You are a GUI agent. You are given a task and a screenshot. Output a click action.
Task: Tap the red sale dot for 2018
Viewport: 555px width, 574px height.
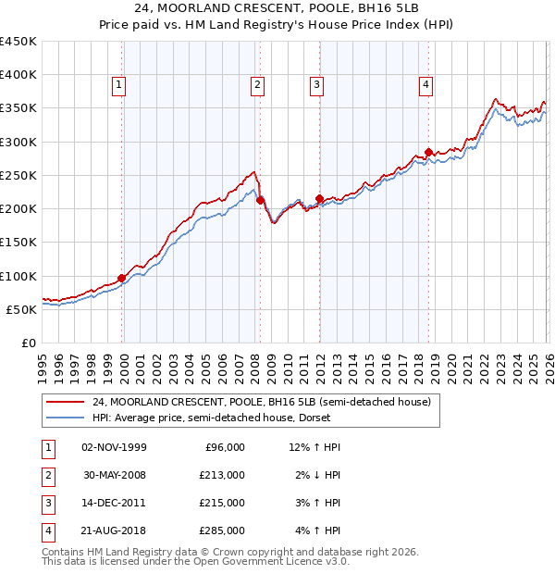[x=428, y=152]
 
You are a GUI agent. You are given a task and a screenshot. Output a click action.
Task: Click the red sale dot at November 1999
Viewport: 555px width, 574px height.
[x=122, y=278]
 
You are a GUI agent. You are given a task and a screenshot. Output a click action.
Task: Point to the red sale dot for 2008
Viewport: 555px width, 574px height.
[x=260, y=200]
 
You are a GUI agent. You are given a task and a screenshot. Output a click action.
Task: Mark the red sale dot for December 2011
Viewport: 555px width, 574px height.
[x=319, y=198]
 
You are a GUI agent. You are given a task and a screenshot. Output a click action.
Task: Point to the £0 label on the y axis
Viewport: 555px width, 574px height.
[x=29, y=343]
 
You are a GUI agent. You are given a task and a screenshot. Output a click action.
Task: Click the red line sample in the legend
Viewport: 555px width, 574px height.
[x=65, y=403]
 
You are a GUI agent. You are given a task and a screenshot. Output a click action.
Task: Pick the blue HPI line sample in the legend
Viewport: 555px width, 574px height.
[x=65, y=418]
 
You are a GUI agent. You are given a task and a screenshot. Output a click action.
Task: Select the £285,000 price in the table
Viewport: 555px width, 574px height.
[x=222, y=530]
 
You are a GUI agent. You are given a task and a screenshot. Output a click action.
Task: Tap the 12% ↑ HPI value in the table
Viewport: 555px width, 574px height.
[x=314, y=447]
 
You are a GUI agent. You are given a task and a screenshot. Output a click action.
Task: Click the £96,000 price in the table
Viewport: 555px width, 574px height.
[x=225, y=447]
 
